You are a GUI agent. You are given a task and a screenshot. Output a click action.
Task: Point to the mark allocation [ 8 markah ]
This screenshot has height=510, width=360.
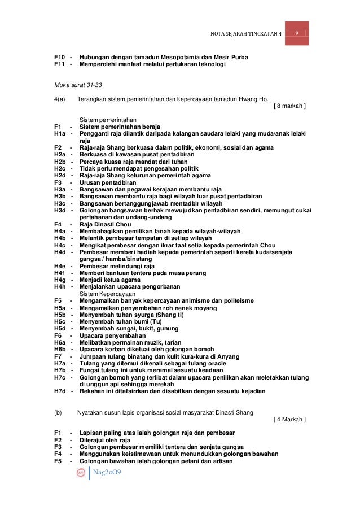point(289,106)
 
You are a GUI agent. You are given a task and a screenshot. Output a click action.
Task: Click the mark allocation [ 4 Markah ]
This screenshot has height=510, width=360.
point(289,419)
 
